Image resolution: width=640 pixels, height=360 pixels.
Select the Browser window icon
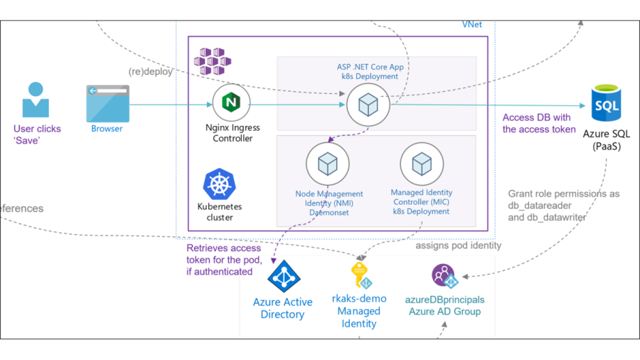pyautogui.click(x=107, y=104)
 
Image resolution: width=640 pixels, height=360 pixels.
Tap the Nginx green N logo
pyautogui.click(x=231, y=102)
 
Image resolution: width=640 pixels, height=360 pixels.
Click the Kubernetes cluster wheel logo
pyautogui.click(x=220, y=184)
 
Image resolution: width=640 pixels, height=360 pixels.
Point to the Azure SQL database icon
pyautogui.click(x=606, y=105)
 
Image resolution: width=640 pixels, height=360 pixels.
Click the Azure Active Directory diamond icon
pyautogui.click(x=283, y=277)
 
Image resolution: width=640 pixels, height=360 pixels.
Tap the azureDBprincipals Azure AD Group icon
pyautogui.click(x=444, y=275)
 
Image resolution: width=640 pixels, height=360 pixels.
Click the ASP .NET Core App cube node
pyautogui.click(x=368, y=105)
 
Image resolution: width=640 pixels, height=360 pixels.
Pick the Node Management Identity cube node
pyautogui.click(x=327, y=164)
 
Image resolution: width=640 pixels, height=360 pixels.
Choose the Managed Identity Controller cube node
pyautogui.click(x=422, y=164)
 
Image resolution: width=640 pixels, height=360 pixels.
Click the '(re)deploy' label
pyautogui.click(x=150, y=72)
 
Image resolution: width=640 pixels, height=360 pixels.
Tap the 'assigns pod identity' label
pyautogui.click(x=458, y=245)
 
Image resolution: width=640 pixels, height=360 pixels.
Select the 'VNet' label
pyautogui.click(x=471, y=24)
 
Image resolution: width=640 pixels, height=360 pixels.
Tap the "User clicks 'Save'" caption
pyautogui.click(x=37, y=134)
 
